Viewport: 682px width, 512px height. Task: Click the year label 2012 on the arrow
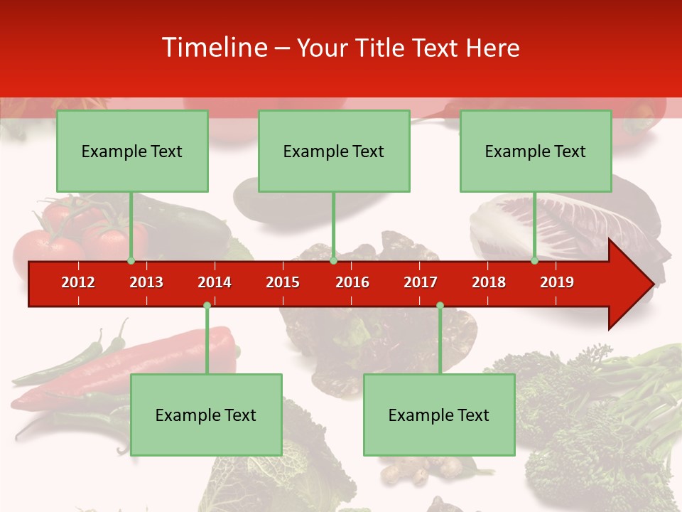tap(78, 282)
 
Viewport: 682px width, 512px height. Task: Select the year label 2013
tap(146, 282)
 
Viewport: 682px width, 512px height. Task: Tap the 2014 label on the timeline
tap(215, 282)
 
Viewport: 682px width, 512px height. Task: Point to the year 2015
tap(283, 282)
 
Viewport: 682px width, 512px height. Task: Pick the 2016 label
tap(352, 282)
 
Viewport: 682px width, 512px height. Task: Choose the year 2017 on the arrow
tap(421, 282)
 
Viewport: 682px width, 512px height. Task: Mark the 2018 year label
tap(489, 282)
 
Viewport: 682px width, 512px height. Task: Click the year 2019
tap(557, 282)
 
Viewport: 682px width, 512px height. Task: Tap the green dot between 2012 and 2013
tap(131, 261)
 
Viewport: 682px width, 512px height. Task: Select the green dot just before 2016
tap(333, 261)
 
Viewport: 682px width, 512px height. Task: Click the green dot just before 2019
tap(535, 261)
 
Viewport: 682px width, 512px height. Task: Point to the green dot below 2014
tap(207, 306)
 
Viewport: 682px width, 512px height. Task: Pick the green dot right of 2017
tap(440, 306)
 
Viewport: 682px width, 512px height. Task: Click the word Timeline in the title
tap(213, 48)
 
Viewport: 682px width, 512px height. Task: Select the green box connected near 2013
tap(132, 151)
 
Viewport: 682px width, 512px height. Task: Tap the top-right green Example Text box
tap(536, 151)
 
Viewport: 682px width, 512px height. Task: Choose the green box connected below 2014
tap(206, 415)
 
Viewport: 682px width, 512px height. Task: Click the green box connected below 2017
tap(439, 415)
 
